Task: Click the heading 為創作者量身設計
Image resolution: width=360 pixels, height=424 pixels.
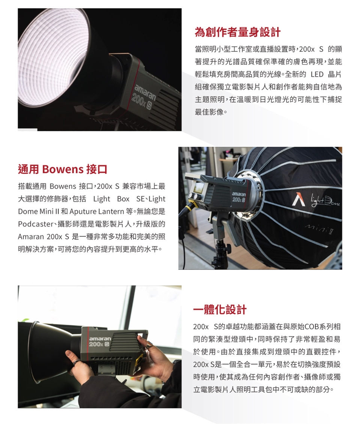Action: (x=237, y=32)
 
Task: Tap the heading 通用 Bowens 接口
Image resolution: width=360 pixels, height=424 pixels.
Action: (x=63, y=169)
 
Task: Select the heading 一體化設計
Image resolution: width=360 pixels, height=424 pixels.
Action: (x=220, y=309)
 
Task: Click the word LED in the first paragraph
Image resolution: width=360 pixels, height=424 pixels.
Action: (x=317, y=74)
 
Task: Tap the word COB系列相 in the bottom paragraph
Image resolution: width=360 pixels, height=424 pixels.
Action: (x=322, y=327)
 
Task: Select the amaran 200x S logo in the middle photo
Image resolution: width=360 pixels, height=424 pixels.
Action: (x=239, y=197)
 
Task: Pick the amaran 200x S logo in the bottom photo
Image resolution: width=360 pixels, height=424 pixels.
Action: (x=100, y=342)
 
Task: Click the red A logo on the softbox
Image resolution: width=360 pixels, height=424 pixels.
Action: (x=300, y=199)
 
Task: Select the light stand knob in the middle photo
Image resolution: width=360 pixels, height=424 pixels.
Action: (x=228, y=247)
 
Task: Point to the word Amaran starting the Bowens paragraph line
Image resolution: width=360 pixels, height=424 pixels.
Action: (x=31, y=237)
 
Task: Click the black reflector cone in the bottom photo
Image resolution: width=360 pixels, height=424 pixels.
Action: (x=51, y=352)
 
